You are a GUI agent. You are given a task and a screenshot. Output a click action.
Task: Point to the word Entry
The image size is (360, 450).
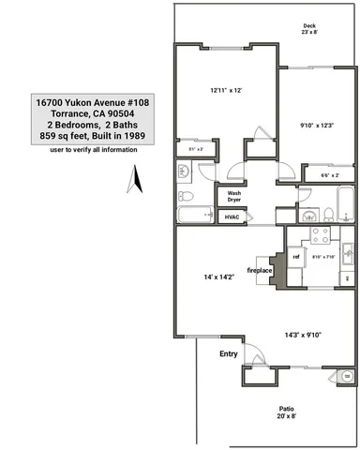point(229,353)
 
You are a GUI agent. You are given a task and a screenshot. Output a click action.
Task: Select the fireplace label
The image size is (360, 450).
point(259,271)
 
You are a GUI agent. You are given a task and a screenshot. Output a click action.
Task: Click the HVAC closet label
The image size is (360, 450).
point(232,217)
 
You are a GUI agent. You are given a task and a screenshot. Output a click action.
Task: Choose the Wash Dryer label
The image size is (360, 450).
point(233,197)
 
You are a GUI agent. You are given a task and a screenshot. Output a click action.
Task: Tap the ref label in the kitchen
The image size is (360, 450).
point(295,256)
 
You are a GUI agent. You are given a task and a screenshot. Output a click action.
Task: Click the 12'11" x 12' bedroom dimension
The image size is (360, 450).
point(226,90)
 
